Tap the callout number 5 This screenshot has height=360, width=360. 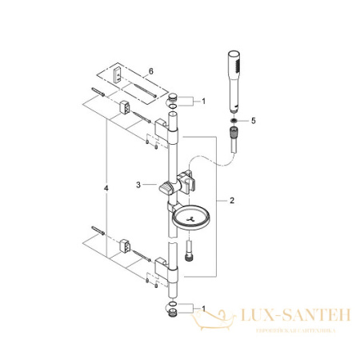point(255,122)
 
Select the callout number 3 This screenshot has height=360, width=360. point(138,185)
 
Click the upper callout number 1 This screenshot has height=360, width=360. point(203,102)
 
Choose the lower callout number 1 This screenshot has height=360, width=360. point(204,308)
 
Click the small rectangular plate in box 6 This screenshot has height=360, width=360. point(117,74)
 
